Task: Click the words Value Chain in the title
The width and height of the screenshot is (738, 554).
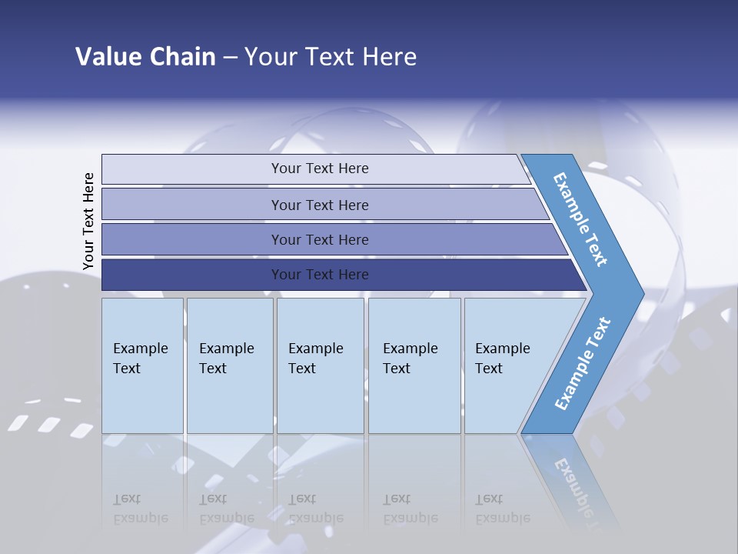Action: (145, 57)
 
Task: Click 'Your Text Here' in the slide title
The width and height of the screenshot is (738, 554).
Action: (331, 57)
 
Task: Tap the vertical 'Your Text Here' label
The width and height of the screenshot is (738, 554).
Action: (88, 222)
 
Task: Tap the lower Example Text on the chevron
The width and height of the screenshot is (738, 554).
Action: (582, 365)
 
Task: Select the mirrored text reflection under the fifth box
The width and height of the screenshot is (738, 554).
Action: (502, 509)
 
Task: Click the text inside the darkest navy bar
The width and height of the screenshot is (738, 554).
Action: (320, 275)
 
